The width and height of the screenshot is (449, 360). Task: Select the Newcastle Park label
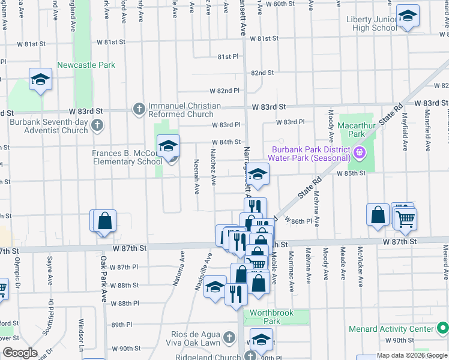point(86,65)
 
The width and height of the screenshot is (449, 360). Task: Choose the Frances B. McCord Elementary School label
point(127,157)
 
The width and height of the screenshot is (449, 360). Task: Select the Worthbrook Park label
point(265,317)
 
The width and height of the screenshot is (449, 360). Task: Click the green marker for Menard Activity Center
point(442,328)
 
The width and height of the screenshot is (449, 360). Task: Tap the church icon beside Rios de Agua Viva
point(228,338)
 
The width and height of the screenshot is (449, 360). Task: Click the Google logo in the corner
point(20,352)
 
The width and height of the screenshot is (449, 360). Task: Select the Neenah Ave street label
point(196,176)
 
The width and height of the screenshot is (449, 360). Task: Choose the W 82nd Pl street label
point(224,91)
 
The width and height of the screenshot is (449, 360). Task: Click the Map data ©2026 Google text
point(411,355)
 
